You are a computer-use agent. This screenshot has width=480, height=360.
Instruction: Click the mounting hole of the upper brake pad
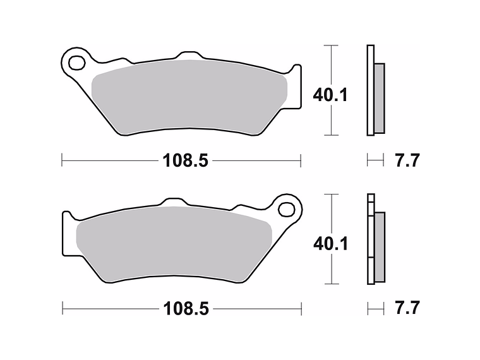(77, 63)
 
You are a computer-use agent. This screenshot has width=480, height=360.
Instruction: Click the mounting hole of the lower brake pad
(288, 209)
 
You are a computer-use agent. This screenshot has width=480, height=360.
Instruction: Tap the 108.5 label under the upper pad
(186, 160)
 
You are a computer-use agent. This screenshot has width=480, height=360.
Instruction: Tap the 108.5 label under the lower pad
(186, 309)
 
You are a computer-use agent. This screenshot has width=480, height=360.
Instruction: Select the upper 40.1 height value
(330, 95)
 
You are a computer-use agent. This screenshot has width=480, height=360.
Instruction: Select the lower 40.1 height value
(330, 243)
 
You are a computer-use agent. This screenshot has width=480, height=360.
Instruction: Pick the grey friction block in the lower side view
(379, 247)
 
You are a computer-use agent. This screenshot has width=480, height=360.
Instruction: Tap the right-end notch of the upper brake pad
(294, 69)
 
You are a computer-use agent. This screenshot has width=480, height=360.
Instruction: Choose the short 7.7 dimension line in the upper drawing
(375, 160)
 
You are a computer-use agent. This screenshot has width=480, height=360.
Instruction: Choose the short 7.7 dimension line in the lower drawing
(375, 309)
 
